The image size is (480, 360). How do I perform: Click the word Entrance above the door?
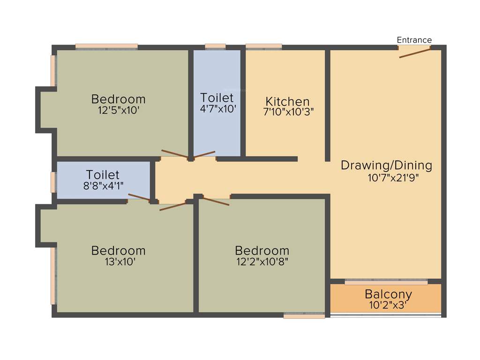414,40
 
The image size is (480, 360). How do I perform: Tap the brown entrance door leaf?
415,52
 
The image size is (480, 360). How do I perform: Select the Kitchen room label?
287,101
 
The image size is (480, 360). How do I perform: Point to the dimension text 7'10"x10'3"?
288,112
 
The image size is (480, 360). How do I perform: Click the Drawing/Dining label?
386,165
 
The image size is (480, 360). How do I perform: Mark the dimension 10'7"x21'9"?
393,178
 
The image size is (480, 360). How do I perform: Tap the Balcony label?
388,294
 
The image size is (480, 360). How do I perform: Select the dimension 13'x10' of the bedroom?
120,262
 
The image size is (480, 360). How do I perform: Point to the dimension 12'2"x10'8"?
262,262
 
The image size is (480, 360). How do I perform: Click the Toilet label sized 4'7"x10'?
217,98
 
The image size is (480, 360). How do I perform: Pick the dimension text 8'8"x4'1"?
103,185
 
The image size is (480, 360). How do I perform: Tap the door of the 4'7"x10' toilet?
204,154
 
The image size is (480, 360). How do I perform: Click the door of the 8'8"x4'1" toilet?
139,197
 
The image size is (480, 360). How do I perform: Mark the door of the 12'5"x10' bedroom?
175,154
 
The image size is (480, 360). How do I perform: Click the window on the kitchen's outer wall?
263,46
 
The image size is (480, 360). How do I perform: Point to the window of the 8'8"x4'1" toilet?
53,182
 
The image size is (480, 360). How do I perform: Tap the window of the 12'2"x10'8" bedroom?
304,316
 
